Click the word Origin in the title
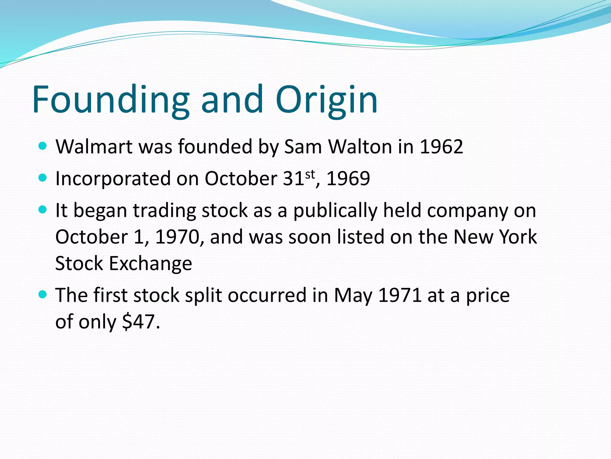coord(327,100)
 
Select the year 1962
coord(441,147)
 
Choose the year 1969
coord(348,179)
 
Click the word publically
coord(335,211)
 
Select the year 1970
coord(177,237)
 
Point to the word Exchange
coord(151,264)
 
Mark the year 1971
coord(400,295)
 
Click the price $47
coord(139,322)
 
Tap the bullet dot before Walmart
coord(43,146)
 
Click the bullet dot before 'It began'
coord(43,210)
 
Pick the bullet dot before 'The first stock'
coord(43,295)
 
